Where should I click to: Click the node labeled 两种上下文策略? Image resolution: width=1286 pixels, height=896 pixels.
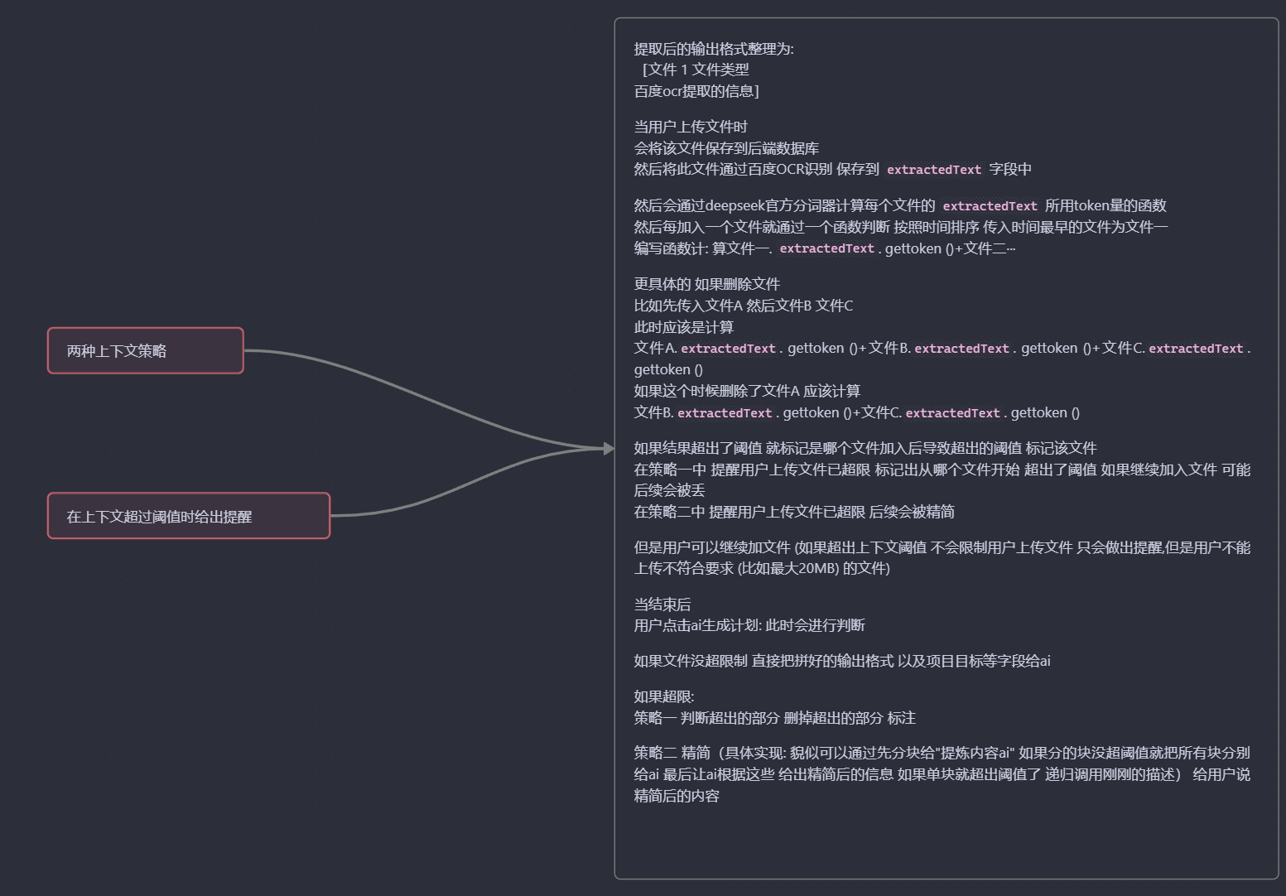coord(145,350)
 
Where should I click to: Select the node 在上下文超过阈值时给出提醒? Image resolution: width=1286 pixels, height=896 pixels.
coord(188,516)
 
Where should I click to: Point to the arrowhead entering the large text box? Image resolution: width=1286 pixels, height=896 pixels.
coord(609,448)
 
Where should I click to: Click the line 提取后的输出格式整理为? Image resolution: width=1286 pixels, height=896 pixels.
coord(713,49)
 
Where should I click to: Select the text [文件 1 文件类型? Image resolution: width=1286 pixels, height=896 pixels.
coord(696,70)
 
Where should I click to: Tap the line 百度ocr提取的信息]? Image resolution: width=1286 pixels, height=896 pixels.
coord(696,91)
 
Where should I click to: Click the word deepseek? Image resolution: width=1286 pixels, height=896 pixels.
coord(735,205)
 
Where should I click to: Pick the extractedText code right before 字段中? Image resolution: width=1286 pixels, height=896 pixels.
coord(933,170)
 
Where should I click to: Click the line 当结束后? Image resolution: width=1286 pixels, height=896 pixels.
coord(662,605)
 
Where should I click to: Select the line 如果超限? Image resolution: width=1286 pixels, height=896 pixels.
coord(663,696)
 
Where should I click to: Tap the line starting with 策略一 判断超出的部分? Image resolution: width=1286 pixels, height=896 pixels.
coord(774,718)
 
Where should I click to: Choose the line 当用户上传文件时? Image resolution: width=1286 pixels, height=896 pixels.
coord(690,127)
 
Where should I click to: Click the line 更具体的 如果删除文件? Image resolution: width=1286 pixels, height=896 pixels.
coord(706,284)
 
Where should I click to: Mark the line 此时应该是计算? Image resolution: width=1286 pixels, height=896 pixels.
coord(683,327)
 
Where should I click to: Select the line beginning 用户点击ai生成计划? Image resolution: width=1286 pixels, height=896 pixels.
coord(749,625)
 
